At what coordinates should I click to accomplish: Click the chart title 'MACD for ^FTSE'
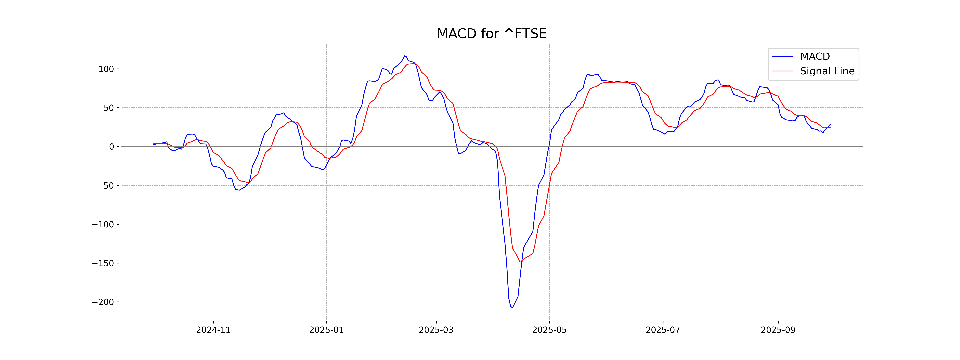492,34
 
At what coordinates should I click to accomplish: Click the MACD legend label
815,57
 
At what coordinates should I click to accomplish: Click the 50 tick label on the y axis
109,108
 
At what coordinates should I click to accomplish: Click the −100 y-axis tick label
103,224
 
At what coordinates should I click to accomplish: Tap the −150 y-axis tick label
103,263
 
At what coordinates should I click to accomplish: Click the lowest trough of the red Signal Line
521,262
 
